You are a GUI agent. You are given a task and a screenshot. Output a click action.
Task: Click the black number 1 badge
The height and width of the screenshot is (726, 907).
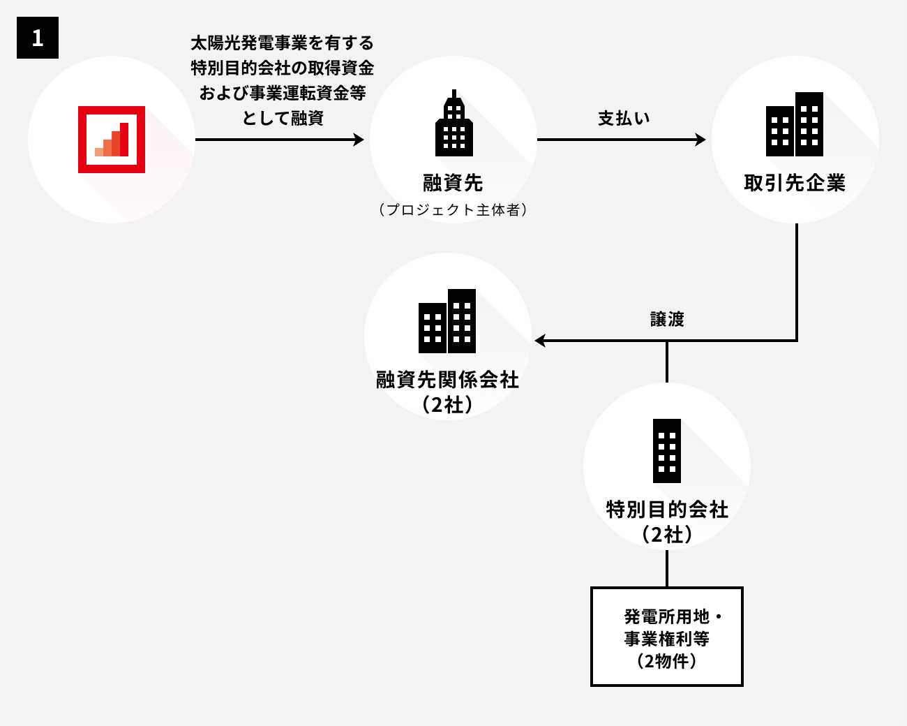click(38, 37)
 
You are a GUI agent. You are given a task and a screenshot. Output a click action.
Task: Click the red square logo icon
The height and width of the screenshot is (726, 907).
click(112, 140)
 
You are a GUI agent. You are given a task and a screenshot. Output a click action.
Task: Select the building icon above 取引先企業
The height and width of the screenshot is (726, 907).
click(795, 124)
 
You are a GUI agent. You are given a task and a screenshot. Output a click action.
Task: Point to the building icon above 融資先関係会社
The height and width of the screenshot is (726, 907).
click(447, 321)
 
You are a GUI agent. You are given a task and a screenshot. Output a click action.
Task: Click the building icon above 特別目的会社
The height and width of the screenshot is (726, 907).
click(667, 451)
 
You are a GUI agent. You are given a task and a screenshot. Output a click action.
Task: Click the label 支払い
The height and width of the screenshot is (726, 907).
click(624, 118)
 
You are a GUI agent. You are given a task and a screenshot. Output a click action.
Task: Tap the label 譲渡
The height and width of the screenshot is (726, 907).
click(667, 319)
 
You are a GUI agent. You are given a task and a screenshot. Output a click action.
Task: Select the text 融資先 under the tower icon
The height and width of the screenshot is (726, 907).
click(453, 183)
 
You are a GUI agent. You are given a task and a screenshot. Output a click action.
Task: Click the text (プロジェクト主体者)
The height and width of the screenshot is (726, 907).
click(453, 209)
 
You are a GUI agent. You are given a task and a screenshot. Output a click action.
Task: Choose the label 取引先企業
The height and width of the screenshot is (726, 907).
click(795, 183)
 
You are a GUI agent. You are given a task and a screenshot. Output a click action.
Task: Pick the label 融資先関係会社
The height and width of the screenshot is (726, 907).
click(447, 380)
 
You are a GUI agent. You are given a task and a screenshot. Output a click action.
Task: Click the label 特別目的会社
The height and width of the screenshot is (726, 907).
click(667, 510)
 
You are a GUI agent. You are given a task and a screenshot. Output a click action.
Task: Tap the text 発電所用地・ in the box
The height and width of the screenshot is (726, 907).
click(673, 617)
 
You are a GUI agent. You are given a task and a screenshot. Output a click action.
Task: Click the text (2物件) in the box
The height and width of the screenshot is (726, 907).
click(667, 661)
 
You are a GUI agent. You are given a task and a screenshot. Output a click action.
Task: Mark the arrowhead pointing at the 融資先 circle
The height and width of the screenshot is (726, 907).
click(359, 140)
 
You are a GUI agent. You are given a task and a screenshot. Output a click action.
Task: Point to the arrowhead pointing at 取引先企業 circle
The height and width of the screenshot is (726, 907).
click(700, 140)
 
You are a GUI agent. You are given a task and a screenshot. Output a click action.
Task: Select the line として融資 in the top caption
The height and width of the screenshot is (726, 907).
click(282, 118)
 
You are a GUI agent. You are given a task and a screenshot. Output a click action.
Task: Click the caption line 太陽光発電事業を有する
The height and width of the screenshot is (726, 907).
click(282, 43)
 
